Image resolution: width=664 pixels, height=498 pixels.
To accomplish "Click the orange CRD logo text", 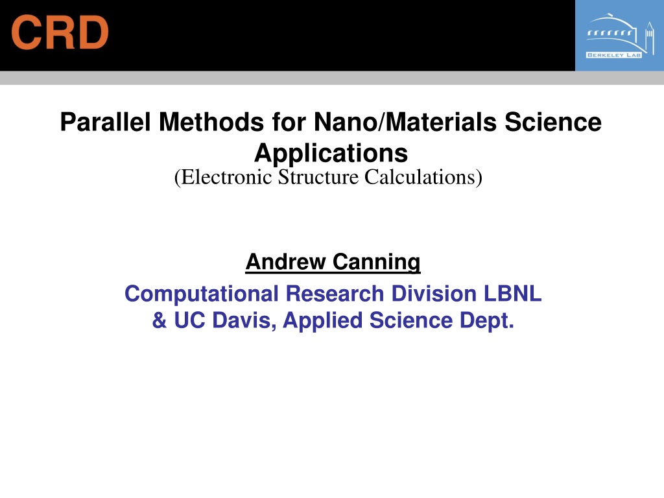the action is pyautogui.click(x=60, y=32).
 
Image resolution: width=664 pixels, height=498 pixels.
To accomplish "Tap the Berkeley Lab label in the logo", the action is pyautogui.click(x=613, y=55).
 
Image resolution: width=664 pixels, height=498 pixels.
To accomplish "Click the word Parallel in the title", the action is pyautogui.click(x=106, y=122).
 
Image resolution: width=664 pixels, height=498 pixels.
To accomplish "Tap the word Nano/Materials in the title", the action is pyautogui.click(x=405, y=122).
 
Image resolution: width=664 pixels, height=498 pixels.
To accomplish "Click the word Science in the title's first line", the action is pyautogui.click(x=553, y=122).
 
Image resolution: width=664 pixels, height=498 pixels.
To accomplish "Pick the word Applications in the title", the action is pyautogui.click(x=331, y=153).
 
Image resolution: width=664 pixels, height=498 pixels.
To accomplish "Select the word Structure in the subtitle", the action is pyautogui.click(x=318, y=177).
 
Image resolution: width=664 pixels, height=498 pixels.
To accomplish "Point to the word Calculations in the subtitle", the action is pyautogui.click(x=423, y=177).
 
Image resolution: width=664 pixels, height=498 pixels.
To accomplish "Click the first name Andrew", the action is pyautogui.click(x=286, y=261).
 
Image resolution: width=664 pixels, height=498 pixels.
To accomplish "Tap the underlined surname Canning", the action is pyautogui.click(x=377, y=262).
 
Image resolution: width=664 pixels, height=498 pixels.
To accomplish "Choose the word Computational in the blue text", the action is pyautogui.click(x=202, y=294).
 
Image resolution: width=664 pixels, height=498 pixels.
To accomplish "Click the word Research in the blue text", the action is pyautogui.click(x=335, y=294).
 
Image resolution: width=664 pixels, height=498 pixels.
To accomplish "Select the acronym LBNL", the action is pyautogui.click(x=512, y=294).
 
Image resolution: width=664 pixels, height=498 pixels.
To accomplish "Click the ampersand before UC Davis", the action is pyautogui.click(x=160, y=320).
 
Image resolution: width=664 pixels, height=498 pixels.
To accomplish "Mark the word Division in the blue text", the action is pyautogui.click(x=434, y=294).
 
